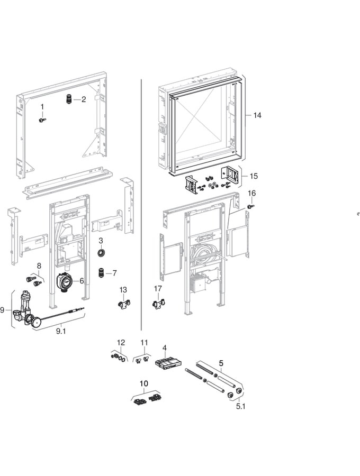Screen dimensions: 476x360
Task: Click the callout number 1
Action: click(x=43, y=107)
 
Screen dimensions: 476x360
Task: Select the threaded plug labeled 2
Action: click(x=68, y=99)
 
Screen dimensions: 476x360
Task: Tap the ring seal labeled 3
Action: click(x=101, y=253)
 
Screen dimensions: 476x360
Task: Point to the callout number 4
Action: click(x=165, y=348)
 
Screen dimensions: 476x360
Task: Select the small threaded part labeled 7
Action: click(x=100, y=273)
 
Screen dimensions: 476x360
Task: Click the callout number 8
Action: click(x=39, y=265)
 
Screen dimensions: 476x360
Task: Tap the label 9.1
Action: click(x=62, y=332)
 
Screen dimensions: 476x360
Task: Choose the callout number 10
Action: click(x=144, y=383)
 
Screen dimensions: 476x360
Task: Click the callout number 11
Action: click(x=144, y=343)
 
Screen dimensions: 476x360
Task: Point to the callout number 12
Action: click(x=121, y=342)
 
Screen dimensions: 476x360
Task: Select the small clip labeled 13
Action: click(x=123, y=305)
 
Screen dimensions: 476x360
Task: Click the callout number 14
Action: click(x=257, y=115)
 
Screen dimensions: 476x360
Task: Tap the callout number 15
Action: click(x=254, y=176)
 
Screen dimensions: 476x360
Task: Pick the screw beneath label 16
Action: click(x=252, y=206)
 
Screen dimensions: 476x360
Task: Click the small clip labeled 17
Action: click(x=158, y=305)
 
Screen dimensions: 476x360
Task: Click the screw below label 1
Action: click(x=42, y=120)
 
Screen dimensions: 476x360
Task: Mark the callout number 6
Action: click(x=82, y=281)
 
